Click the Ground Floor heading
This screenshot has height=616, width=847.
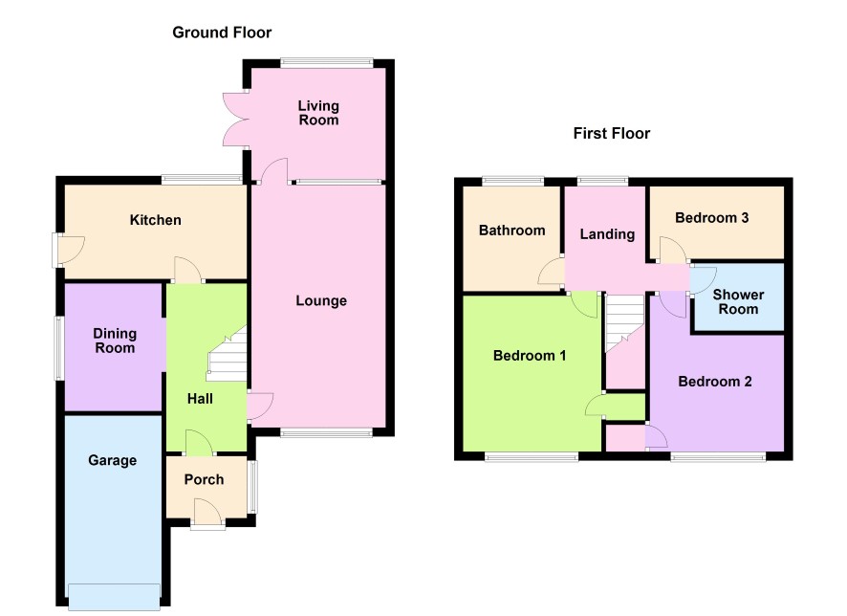point(222,33)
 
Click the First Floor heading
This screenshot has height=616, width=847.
point(612,134)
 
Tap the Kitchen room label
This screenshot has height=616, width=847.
point(155,220)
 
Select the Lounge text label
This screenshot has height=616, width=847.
point(321,301)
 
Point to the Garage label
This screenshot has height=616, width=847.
point(113,460)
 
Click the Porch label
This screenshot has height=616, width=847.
point(204,479)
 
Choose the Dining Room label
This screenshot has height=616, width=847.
point(115,341)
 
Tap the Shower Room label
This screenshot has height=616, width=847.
point(738,302)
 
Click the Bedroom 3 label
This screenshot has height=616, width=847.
point(712,218)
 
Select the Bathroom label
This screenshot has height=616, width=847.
point(512,231)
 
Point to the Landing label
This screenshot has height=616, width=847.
point(607,234)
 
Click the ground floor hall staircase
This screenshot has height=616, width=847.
point(228,354)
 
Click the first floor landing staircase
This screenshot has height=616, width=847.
point(625,323)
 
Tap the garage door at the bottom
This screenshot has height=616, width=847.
point(114,597)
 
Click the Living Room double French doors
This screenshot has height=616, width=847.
point(236,119)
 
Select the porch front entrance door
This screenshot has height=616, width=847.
point(207,514)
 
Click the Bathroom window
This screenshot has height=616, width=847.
point(512,182)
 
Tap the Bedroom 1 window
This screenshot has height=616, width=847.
point(532,457)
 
